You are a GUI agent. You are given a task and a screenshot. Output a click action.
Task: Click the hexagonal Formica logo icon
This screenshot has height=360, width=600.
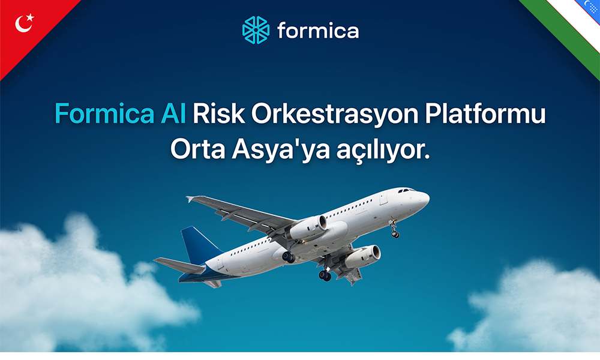tap(256, 30)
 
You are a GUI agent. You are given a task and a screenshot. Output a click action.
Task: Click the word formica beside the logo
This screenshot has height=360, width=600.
tap(318, 31)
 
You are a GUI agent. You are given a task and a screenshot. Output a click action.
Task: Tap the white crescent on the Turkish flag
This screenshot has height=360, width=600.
tap(23, 24)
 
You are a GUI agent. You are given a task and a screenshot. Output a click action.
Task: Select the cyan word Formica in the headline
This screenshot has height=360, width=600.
tap(104, 113)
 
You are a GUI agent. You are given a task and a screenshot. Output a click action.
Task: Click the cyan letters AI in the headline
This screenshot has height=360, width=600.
tap(174, 113)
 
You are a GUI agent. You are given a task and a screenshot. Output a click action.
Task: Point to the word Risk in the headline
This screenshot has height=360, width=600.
tap(218, 113)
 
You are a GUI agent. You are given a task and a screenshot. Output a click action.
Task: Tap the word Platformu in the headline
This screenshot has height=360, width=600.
tap(485, 113)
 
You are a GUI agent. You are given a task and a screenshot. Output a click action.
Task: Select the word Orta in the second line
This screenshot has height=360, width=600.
tap(197, 149)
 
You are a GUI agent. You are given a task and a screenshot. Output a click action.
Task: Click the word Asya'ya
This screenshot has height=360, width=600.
tap(281, 150)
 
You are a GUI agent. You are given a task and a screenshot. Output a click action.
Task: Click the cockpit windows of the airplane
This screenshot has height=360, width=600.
tap(406, 190)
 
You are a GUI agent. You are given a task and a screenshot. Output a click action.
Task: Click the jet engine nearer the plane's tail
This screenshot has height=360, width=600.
tap(308, 227)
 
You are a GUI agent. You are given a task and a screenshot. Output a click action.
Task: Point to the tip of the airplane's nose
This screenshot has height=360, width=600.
tap(429, 198)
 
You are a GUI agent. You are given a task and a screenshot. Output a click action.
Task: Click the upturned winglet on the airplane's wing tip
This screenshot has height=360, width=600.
tap(190, 199)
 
